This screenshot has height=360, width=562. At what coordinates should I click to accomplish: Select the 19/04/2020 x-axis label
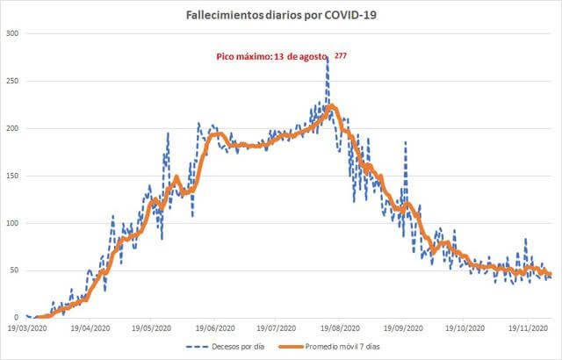(x=90, y=328)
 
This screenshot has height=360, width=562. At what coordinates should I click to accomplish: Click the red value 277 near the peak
(x=341, y=54)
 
